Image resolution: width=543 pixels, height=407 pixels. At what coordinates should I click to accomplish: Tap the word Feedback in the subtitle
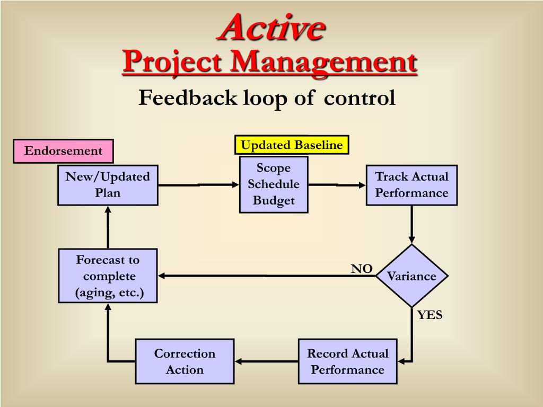click(x=188, y=98)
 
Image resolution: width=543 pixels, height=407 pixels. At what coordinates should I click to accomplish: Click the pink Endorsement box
click(x=63, y=151)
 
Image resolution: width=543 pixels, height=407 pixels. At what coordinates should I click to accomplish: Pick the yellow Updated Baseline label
click(x=292, y=145)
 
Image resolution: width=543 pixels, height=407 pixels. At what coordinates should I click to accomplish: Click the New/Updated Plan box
click(x=108, y=185)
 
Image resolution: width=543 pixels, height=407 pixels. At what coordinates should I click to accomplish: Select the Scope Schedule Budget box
click(x=274, y=184)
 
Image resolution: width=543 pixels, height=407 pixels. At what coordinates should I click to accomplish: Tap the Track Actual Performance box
click(x=411, y=185)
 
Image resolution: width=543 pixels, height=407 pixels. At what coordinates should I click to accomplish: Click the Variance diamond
click(x=411, y=276)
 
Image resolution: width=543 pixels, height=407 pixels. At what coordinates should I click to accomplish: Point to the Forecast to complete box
click(x=108, y=276)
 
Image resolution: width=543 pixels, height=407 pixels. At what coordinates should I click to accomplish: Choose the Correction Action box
click(x=185, y=361)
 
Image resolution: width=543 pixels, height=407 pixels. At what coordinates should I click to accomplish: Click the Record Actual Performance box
click(x=347, y=361)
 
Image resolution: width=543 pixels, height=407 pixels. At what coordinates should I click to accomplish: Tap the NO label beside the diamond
click(x=362, y=269)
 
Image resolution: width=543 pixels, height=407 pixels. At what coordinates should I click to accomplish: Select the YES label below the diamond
click(x=430, y=315)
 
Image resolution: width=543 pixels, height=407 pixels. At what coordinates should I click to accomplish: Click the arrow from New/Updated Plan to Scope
click(x=199, y=185)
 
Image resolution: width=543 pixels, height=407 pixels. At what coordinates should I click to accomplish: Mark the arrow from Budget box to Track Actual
click(x=337, y=185)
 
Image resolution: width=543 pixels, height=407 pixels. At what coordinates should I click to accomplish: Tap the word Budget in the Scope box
click(x=274, y=201)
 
